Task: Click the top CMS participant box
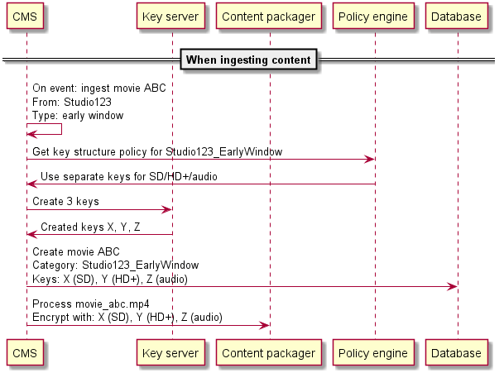(x=26, y=16)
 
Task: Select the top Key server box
(x=171, y=16)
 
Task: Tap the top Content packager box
(x=269, y=16)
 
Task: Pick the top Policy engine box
(x=374, y=16)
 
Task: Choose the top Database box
(x=456, y=16)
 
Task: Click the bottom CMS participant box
(x=26, y=353)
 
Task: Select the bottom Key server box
(x=171, y=353)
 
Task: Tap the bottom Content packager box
(x=269, y=353)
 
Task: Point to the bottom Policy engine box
(x=374, y=353)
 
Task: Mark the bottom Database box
(x=456, y=353)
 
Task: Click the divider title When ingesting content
(x=248, y=60)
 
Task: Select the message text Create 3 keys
(x=65, y=201)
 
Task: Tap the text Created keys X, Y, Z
(x=91, y=226)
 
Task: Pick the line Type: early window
(x=78, y=115)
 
